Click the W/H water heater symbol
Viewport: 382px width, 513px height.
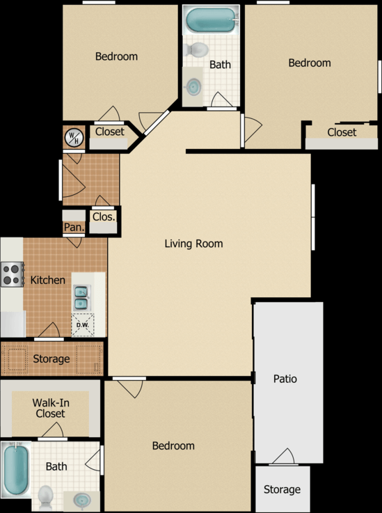click(73, 138)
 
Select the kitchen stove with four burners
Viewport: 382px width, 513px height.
click(12, 274)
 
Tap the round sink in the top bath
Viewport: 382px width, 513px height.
click(194, 86)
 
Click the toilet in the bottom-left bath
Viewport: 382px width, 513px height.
click(46, 496)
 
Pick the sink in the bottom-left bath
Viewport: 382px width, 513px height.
click(81, 500)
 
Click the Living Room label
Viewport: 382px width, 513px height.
click(193, 244)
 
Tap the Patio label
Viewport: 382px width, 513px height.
click(285, 379)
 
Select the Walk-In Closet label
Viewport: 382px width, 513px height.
click(49, 408)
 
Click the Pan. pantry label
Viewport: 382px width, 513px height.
click(73, 227)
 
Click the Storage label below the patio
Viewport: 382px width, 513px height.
click(282, 489)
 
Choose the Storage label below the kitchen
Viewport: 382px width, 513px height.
click(51, 359)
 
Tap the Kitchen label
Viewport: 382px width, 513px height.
click(48, 280)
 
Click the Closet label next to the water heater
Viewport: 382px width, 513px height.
click(110, 132)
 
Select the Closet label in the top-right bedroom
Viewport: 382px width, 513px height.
click(342, 132)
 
